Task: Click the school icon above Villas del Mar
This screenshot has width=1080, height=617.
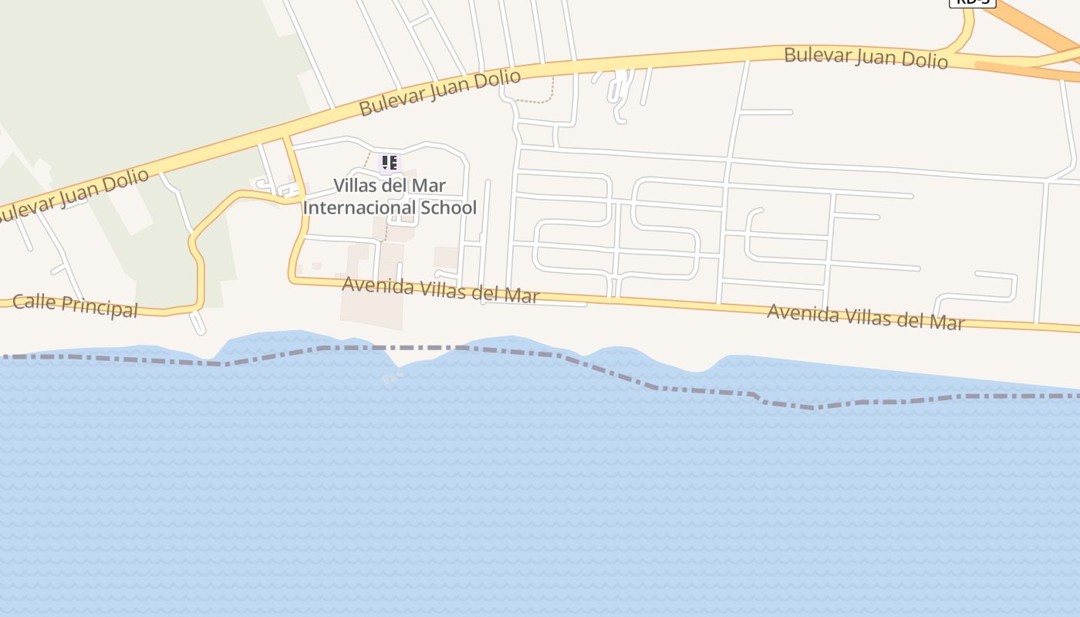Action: pyautogui.click(x=390, y=163)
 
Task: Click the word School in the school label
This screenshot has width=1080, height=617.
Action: pyautogui.click(x=448, y=207)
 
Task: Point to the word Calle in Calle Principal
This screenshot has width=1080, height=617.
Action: pyautogui.click(x=35, y=302)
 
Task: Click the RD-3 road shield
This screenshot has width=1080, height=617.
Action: pyautogui.click(x=972, y=2)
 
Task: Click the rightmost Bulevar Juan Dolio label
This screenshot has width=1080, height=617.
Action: pyautogui.click(x=866, y=58)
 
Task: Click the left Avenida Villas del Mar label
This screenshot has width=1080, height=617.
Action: pyautogui.click(x=440, y=289)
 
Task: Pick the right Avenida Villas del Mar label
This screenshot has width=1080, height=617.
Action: pyautogui.click(x=866, y=316)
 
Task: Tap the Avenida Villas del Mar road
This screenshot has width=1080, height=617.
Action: pyautogui.click(x=656, y=302)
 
